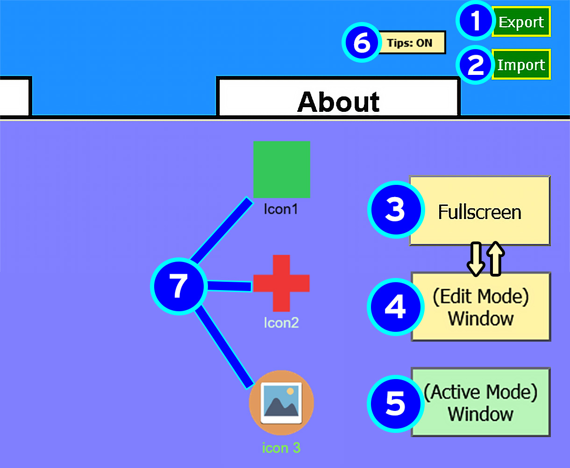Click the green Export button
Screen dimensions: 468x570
[x=521, y=22]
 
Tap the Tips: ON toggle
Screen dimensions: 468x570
[x=410, y=43]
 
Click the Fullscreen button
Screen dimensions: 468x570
[x=480, y=212]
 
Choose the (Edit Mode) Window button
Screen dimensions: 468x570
[x=481, y=307]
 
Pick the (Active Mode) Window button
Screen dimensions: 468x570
[x=481, y=402]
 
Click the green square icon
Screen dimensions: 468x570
[x=282, y=169]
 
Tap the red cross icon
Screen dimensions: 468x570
[x=281, y=283]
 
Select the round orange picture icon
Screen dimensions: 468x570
[x=281, y=403]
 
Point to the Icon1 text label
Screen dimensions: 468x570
[x=280, y=209]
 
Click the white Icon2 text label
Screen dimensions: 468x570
[x=281, y=322]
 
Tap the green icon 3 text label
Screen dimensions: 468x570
[x=281, y=448]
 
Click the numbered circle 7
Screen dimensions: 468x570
[x=179, y=286]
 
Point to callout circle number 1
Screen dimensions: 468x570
[x=475, y=22]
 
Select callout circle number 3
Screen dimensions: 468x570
[x=395, y=210]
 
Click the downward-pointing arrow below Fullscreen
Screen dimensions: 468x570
[x=476, y=259]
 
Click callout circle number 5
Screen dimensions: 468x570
[x=395, y=403]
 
